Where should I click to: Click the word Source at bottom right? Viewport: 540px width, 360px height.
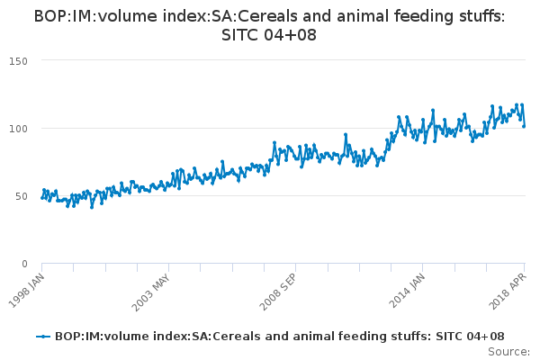point(509,351)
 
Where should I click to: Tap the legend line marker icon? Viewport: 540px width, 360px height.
point(42,337)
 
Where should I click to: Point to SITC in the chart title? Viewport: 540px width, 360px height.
point(243,35)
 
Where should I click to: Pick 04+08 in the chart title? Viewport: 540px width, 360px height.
point(291,35)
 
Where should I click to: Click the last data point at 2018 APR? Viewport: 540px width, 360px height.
point(524,125)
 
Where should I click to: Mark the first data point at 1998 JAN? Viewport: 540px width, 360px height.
point(42,197)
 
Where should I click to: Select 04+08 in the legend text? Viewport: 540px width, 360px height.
point(481,337)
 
